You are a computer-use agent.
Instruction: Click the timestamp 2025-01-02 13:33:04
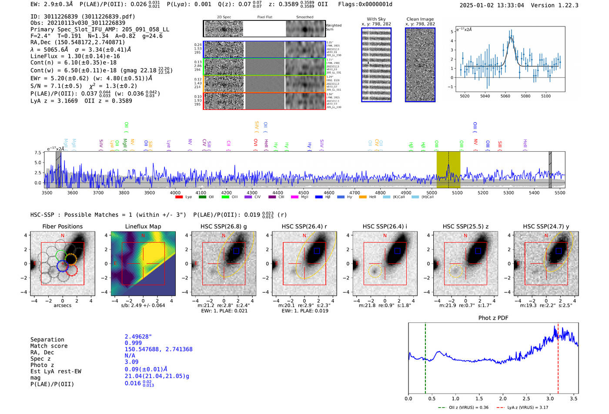point(492,5)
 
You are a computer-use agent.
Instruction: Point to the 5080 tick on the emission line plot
point(525,96)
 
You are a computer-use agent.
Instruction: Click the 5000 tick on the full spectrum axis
point(432,192)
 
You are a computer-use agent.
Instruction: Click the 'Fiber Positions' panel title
point(62,226)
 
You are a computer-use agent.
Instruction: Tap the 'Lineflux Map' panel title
point(143,226)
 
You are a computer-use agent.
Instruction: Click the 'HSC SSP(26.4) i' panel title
point(385,226)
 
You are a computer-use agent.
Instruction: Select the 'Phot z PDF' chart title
point(493,318)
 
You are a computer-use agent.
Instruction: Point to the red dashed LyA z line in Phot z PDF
point(558,369)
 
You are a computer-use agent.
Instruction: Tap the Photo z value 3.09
point(131,362)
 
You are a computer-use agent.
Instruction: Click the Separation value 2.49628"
point(138,337)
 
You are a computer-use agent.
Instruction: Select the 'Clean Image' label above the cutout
point(420,19)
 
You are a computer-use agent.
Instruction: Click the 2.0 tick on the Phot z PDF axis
point(503,398)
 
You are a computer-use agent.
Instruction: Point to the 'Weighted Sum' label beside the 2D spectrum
point(333,27)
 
